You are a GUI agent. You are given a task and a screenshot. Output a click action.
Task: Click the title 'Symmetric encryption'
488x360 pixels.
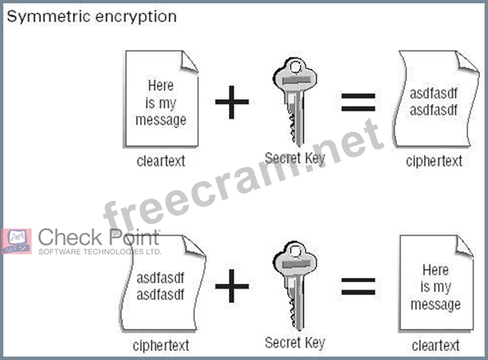(x=92, y=16)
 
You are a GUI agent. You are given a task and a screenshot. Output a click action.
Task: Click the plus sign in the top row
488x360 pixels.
(x=232, y=102)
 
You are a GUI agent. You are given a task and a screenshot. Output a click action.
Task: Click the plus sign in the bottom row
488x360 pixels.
(x=232, y=285)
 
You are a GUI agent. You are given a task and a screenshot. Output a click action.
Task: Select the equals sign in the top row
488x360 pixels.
(x=358, y=103)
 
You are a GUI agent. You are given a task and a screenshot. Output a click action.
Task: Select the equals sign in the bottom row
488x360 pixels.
(x=358, y=286)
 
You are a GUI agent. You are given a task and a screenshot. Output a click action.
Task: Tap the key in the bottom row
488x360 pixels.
(x=294, y=285)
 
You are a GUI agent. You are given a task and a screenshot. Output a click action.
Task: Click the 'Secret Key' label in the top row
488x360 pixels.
(x=294, y=158)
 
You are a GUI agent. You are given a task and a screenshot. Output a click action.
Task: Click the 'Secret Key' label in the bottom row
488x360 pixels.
(x=294, y=343)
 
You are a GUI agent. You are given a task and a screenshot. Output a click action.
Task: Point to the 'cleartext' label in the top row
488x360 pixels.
(x=161, y=162)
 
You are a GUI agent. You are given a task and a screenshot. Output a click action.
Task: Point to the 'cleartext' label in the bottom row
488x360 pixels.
(x=436, y=345)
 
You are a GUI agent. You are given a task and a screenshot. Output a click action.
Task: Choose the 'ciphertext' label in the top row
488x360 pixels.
(x=434, y=162)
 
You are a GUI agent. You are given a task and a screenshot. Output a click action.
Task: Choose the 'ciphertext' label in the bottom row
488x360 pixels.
(x=161, y=346)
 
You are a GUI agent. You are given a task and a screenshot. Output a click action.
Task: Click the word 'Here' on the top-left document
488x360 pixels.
(x=161, y=85)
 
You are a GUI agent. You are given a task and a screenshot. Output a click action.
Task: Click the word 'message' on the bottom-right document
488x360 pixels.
(x=436, y=304)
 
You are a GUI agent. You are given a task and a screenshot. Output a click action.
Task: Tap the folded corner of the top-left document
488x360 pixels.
(x=189, y=62)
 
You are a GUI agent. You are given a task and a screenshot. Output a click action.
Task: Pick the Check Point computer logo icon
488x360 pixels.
(x=16, y=241)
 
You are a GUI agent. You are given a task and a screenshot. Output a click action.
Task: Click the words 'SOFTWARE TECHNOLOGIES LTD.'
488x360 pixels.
(x=99, y=252)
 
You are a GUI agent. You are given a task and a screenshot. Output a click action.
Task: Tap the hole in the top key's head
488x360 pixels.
(x=295, y=67)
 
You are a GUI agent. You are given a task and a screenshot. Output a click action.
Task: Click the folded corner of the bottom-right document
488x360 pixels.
(x=464, y=246)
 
